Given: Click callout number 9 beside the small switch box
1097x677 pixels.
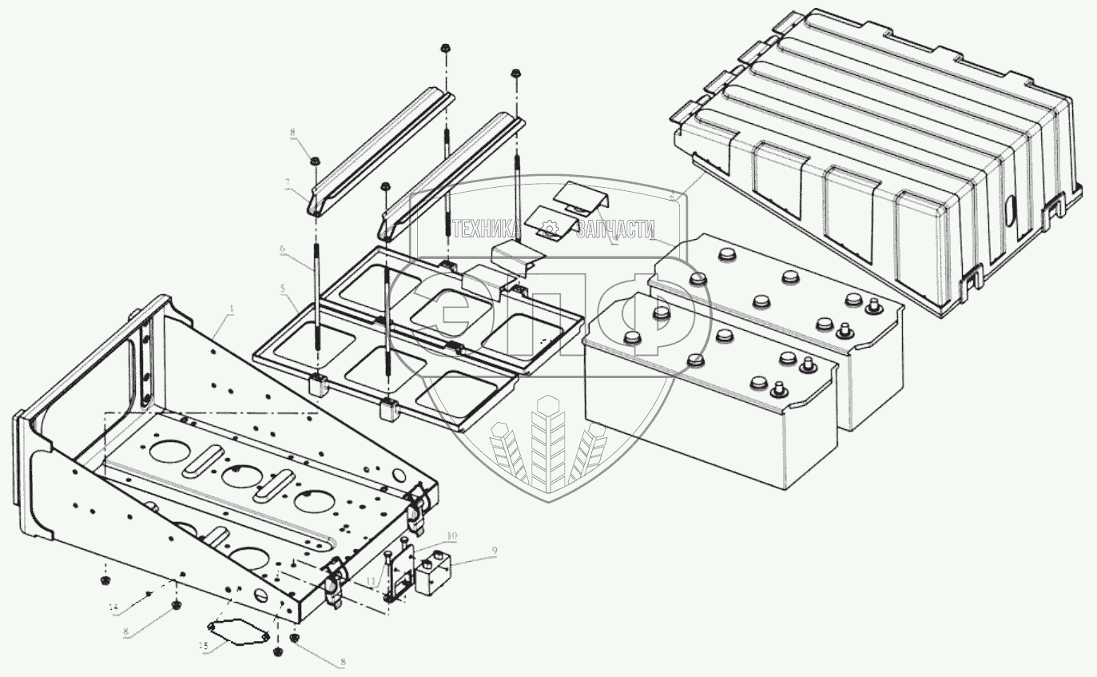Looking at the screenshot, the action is click(495, 551).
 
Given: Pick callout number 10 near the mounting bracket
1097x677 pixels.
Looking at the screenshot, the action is click(451, 534).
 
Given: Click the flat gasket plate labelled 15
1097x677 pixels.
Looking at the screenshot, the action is click(237, 631).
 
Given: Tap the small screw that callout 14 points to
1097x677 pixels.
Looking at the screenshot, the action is click(150, 595).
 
